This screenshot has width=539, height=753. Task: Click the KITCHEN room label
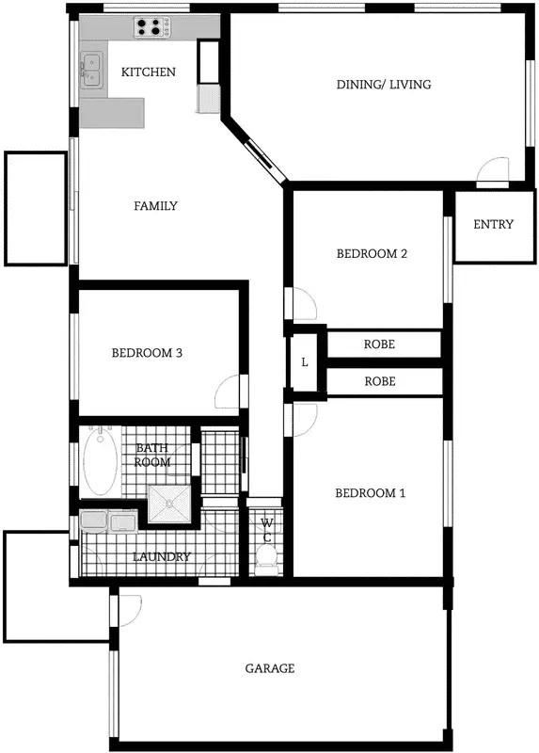coord(149,72)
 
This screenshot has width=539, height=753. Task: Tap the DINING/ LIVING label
coord(384,85)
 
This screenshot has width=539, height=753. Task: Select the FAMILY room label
coord(155,206)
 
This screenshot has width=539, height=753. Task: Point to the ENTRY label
coord(494,224)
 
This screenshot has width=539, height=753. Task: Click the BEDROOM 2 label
coord(372,254)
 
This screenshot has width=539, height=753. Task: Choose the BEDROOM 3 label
coord(147,354)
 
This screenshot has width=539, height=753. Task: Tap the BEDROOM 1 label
coord(371,493)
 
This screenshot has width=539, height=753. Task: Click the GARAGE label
coord(270,668)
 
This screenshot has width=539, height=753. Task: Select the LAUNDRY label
coord(162,557)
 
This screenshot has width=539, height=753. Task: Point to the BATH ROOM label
coord(152,456)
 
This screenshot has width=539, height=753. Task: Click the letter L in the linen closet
coord(305,362)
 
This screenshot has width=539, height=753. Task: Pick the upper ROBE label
coord(379,344)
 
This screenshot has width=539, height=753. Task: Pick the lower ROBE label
coord(379,382)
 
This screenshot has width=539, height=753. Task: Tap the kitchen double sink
coord(92,69)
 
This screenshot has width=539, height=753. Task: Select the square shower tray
coord(169,505)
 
